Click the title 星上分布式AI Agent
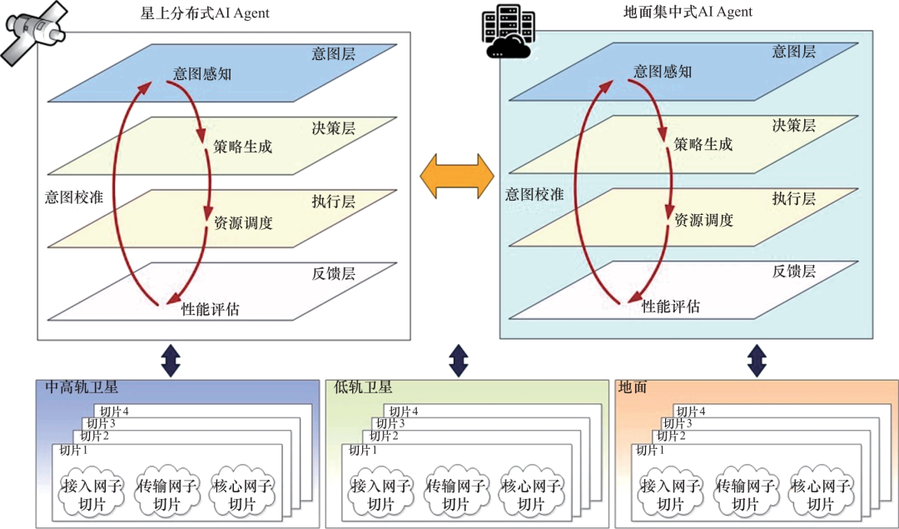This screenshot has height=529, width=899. point(206,13)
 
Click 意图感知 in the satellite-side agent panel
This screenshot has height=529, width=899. point(202,74)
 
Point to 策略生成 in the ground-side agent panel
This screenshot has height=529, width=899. point(703,144)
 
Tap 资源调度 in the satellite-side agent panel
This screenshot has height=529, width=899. point(243,223)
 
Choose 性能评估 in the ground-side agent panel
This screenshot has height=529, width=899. point(671,307)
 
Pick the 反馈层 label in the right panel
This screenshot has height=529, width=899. point(793,271)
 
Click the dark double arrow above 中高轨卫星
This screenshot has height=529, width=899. point(171,360)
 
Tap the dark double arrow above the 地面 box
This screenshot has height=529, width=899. point(757,360)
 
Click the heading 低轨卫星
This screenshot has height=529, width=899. point(363,387)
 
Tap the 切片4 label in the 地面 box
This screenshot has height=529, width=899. point(691,412)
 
